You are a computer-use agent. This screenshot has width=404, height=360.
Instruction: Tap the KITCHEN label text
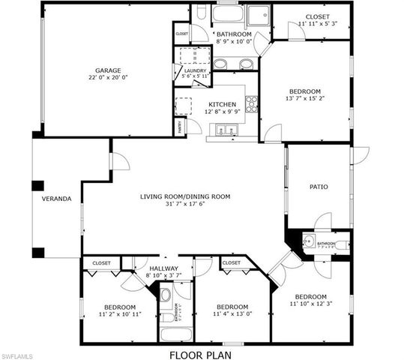click(x=223, y=105)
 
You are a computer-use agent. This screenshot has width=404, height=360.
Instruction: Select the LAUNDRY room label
click(x=194, y=71)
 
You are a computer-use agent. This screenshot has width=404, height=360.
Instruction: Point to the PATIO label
click(x=319, y=187)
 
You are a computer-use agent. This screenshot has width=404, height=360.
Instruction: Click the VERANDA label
click(x=56, y=199)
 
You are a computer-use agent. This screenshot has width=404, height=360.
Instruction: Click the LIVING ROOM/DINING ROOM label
click(x=184, y=196)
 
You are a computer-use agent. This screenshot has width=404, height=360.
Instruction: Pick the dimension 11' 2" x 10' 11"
click(x=119, y=314)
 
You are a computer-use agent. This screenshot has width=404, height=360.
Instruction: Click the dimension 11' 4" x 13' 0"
click(x=232, y=314)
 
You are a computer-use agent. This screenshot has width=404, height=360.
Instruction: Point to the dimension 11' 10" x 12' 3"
click(x=310, y=304)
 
